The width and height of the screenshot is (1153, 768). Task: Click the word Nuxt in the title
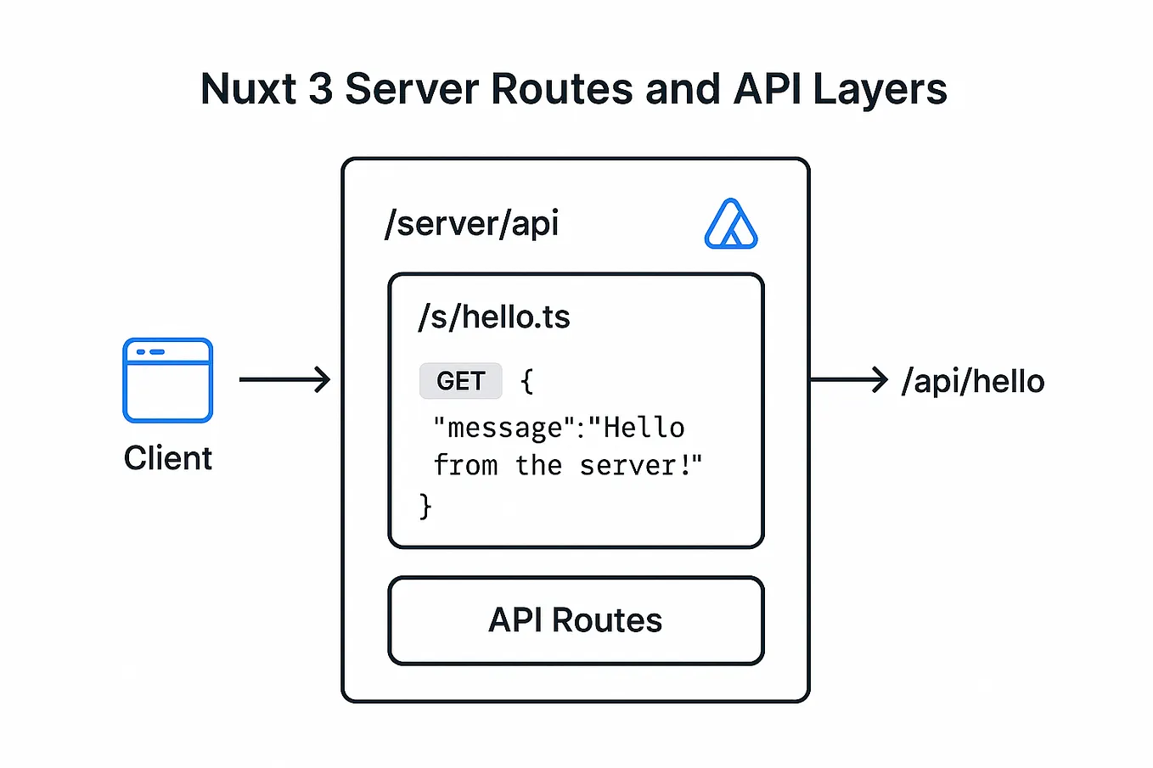248,89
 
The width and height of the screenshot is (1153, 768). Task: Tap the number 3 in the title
321,89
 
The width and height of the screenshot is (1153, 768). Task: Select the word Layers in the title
880,89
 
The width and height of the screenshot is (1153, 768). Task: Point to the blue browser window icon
167,380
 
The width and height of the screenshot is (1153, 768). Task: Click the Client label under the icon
167,458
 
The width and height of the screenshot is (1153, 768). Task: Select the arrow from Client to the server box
284,379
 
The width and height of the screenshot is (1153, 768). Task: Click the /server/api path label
471,223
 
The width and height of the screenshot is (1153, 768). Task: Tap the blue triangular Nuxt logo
730,225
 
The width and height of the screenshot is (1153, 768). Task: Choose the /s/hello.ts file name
493,317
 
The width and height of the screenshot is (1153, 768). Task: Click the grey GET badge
460,381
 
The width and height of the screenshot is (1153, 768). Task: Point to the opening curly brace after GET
526,381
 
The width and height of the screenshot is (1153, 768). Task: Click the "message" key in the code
504,428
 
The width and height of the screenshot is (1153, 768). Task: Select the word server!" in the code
641,466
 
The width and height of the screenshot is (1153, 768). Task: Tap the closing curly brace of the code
425,506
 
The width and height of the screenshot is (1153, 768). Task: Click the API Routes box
576,620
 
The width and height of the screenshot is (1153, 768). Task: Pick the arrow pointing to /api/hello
848,379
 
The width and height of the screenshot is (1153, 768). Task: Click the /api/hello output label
973,381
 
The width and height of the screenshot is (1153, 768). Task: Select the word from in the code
465,466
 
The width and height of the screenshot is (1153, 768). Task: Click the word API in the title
768,89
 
